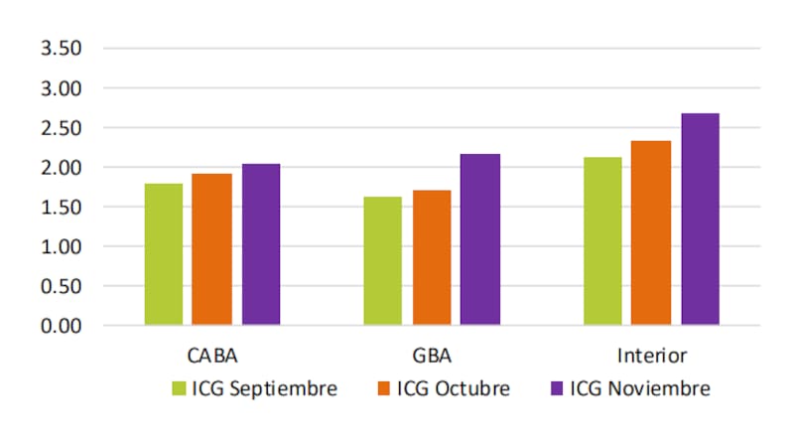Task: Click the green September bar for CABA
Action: pos(164,254)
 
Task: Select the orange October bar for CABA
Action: pos(211,249)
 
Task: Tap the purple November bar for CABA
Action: pos(261,244)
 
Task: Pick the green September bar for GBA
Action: pos(382,260)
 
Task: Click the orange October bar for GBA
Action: pos(432,257)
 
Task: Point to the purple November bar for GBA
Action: pos(480,239)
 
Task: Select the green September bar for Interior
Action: pos(602,241)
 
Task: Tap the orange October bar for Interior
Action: pos(651,232)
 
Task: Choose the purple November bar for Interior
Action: pos(700,220)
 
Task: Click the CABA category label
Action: pos(211,355)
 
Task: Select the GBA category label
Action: pos(432,355)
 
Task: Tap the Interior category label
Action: pos(651,355)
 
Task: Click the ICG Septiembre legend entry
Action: pos(255,388)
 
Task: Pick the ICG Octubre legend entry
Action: pos(442,388)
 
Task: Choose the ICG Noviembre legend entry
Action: pos(629,388)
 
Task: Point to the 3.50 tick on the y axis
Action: pos(61,49)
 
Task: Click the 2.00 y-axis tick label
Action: pos(61,168)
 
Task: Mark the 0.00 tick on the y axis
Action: pos(61,326)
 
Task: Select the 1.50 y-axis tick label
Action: pos(61,208)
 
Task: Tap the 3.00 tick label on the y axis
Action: pos(61,88)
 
